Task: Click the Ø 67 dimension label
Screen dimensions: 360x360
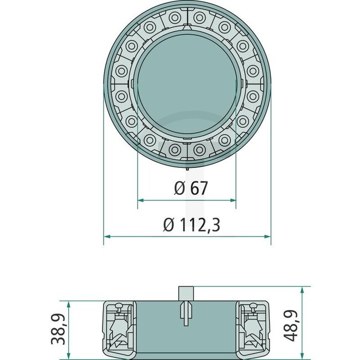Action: coord(191,188)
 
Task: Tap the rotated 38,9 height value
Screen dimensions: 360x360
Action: coord(56,329)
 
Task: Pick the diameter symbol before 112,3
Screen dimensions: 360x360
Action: coord(169,225)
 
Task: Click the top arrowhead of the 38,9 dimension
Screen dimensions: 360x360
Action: coord(68,305)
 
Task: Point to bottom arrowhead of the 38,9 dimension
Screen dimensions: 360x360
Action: coord(68,353)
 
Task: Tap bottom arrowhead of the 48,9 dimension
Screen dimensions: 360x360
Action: coord(302,353)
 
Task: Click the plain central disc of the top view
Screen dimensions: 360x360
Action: coord(187,83)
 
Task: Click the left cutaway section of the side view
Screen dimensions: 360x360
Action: coord(120,328)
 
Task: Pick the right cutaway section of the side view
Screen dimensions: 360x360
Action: coord(253,328)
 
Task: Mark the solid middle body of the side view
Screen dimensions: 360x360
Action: coord(161,330)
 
